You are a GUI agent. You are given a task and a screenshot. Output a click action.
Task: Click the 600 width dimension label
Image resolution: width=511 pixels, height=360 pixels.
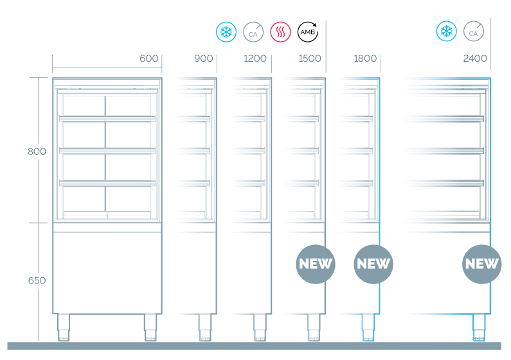coord(148,59)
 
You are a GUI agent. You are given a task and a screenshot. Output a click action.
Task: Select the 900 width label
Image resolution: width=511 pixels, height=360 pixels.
coord(203,59)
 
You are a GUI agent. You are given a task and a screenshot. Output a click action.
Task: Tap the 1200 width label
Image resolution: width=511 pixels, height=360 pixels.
coord(255,59)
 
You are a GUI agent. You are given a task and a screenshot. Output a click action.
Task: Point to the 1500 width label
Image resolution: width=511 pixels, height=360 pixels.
coord(310,59)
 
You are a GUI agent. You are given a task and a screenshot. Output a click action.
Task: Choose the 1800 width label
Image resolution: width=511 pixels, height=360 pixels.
coord(365,59)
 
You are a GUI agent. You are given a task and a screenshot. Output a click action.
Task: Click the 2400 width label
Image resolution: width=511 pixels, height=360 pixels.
coord(475,59)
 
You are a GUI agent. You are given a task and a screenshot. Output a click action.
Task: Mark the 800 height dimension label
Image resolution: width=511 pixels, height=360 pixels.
coord(37,152)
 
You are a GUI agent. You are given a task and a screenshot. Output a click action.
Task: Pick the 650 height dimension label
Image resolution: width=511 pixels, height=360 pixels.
coord(37,280)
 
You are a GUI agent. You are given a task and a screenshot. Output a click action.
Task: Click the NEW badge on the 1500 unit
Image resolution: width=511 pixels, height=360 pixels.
coord(316,264)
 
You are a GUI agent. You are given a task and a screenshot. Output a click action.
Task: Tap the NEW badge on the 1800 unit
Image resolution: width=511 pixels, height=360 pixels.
coord(373,264)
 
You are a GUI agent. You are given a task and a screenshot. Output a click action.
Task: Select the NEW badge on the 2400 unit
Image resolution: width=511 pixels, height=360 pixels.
coord(482,264)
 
